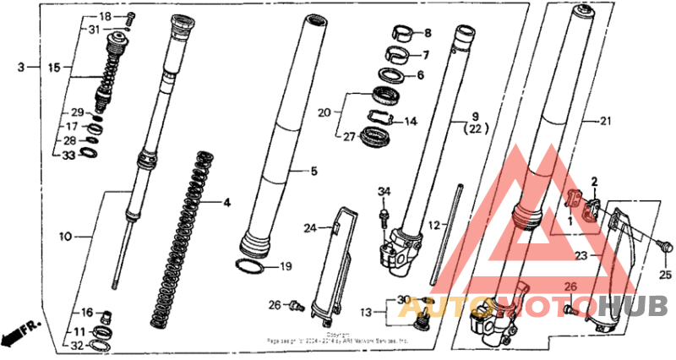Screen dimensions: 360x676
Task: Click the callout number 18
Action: tap(105, 17)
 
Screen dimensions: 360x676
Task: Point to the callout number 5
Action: tap(313, 172)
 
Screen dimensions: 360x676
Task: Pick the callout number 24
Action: tap(311, 227)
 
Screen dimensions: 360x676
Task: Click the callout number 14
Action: tap(411, 122)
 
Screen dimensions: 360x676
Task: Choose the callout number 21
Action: tap(603, 121)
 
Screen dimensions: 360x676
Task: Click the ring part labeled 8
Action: tap(404, 35)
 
